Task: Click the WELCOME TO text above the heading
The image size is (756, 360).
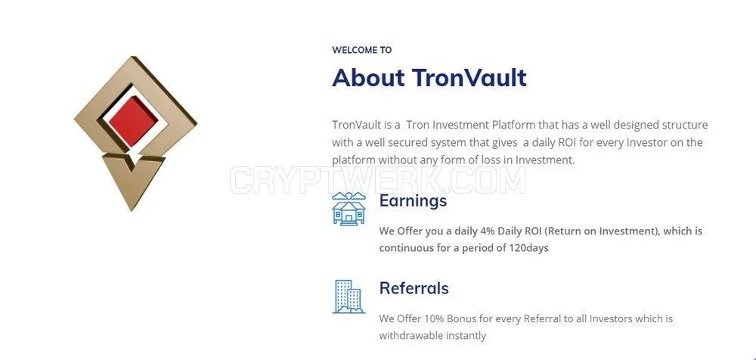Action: pyautogui.click(x=361, y=50)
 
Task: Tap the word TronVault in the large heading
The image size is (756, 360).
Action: pyautogui.click(x=469, y=77)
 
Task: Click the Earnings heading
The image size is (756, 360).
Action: pyautogui.click(x=414, y=200)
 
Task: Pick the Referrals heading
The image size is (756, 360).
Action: pyautogui.click(x=414, y=288)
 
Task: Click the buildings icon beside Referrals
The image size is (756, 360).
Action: pyautogui.click(x=349, y=296)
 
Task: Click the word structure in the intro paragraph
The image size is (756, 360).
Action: pyautogui.click(x=685, y=126)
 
